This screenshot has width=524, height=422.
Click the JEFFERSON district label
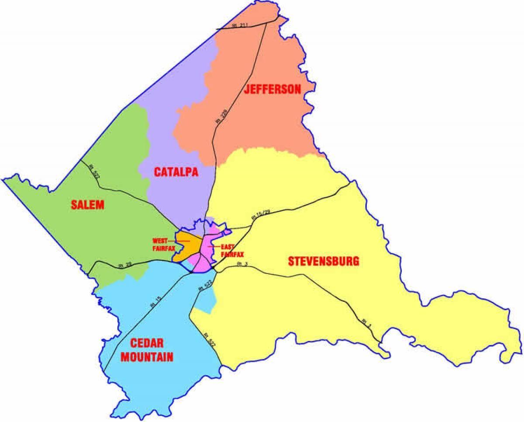(272, 90)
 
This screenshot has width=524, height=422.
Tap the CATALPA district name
(176, 172)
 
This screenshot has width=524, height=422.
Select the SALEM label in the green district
(88, 204)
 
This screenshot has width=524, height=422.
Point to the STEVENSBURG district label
(324, 261)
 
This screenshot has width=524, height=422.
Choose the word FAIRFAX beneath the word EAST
(232, 254)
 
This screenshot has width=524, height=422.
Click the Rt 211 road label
(239, 26)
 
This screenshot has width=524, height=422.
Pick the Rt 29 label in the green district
(124, 265)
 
